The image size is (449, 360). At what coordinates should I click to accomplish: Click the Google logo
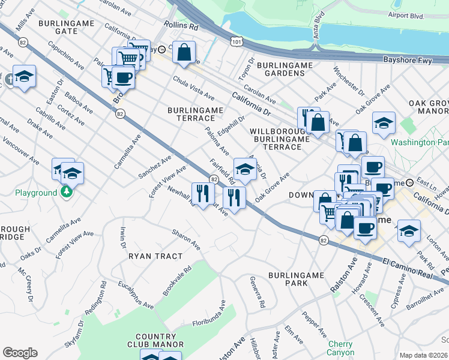20,353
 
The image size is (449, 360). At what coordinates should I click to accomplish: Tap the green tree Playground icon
67,193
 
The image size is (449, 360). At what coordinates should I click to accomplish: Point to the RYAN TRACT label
155,256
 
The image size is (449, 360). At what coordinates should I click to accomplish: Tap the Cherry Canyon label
341,349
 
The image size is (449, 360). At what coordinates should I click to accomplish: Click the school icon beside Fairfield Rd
244,170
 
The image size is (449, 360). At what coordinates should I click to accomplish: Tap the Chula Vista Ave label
193,88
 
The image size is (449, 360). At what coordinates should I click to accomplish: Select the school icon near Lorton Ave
409,230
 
